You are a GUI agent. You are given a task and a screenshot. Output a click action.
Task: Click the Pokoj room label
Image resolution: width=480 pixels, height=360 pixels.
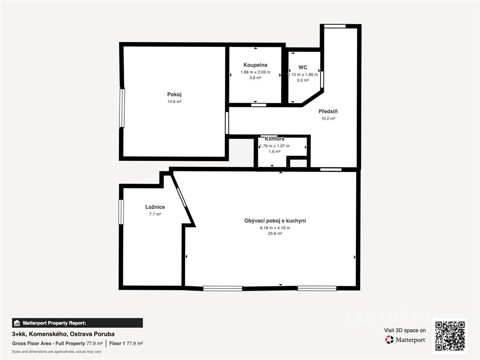(x=174, y=95)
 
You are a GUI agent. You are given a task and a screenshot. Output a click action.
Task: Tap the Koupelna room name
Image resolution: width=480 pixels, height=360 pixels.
(x=255, y=65)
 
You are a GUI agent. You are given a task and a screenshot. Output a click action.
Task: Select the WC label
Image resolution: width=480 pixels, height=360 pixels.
(x=303, y=67)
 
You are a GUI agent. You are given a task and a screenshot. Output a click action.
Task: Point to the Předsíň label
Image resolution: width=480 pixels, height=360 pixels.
(x=328, y=112)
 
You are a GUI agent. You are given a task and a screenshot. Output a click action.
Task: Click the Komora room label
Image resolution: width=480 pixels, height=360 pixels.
(x=275, y=139)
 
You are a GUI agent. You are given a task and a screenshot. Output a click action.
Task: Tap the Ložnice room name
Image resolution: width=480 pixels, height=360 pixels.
(x=155, y=207)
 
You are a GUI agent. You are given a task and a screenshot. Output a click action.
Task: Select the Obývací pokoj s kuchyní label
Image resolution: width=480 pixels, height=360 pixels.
(x=275, y=221)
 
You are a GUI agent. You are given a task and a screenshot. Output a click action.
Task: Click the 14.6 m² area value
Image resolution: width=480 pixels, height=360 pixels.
(x=174, y=102)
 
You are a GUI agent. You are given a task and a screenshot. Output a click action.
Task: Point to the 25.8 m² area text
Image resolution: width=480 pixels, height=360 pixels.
(x=275, y=233)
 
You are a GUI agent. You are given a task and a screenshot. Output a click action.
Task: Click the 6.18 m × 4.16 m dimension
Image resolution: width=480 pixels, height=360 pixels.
(x=275, y=228)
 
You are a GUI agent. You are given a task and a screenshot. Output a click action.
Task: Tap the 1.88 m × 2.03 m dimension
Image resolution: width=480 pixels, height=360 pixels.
(x=255, y=72)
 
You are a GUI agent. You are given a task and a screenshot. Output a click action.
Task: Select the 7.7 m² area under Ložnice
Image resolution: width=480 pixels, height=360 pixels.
(x=155, y=214)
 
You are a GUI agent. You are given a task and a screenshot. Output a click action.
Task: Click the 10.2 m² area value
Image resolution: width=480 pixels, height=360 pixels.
(x=328, y=119)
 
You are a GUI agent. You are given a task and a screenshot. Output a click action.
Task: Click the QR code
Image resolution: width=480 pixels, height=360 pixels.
(x=450, y=336)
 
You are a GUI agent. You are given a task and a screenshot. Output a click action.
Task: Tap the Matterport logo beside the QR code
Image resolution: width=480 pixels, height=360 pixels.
(x=405, y=339)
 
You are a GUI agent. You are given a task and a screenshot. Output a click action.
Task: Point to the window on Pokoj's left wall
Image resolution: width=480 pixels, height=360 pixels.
(x=122, y=108)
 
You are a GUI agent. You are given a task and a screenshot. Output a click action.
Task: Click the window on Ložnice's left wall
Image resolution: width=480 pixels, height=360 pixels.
(x=121, y=212)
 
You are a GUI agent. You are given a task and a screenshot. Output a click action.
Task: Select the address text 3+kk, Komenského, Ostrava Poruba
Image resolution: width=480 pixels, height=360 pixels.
(x=63, y=334)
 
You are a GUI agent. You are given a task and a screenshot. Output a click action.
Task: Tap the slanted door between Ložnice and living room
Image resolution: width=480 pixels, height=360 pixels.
(x=181, y=197)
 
